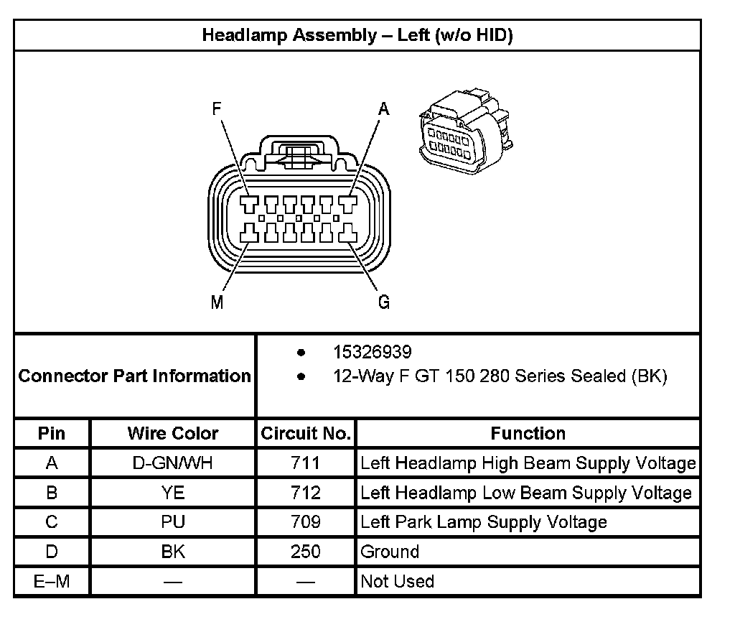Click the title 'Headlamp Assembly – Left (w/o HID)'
coord(357,35)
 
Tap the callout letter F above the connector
coord(217,109)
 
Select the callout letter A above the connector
coord(384,109)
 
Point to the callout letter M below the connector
coord(217,302)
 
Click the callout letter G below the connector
coord(384,302)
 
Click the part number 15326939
coord(372,352)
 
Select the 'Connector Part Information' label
coord(134,376)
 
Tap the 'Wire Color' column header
coord(173,433)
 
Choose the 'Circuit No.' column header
coord(306,433)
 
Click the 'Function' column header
coord(528,433)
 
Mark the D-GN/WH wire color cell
coord(173,463)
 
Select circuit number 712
coord(306,493)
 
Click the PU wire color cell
coord(173,522)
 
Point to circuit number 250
coord(306,552)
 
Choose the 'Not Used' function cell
coord(397,581)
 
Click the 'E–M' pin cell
coord(52,581)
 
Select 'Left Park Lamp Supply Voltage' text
coord(483,522)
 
